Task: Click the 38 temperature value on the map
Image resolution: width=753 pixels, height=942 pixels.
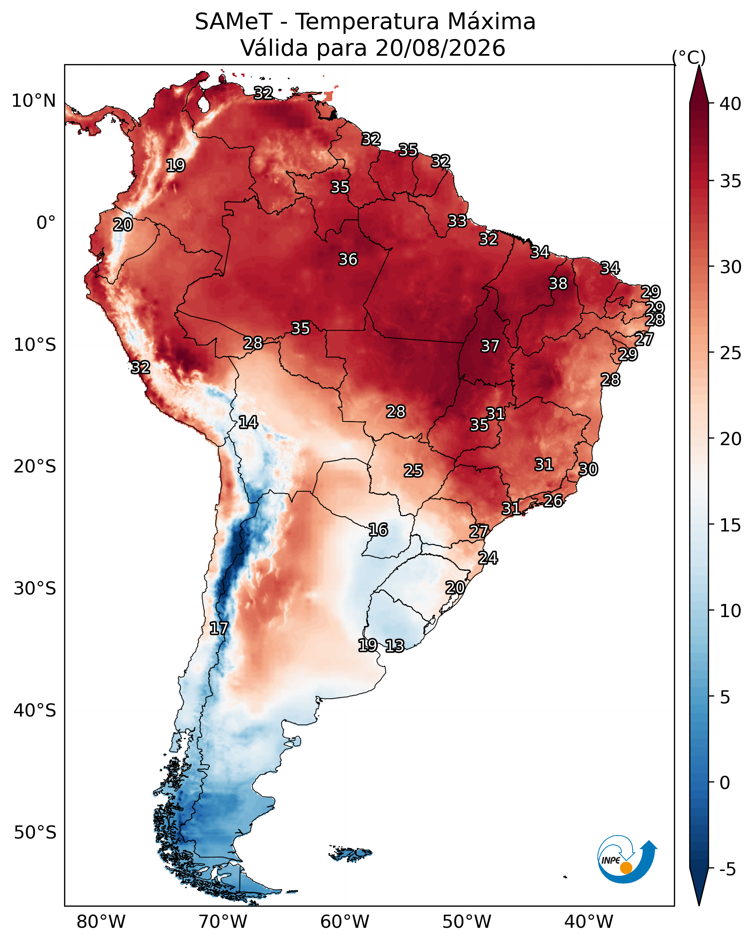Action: tap(558, 283)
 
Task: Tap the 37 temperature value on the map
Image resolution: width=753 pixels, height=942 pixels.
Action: tap(490, 346)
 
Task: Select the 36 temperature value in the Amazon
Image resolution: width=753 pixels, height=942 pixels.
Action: tap(348, 259)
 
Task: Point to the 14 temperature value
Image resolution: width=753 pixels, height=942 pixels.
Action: tap(248, 422)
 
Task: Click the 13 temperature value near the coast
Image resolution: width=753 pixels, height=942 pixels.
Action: tap(395, 646)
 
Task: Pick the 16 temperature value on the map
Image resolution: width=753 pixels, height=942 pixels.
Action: tap(378, 530)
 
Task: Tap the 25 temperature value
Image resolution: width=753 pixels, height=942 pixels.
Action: tap(413, 471)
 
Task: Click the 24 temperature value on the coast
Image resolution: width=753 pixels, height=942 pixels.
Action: tap(488, 558)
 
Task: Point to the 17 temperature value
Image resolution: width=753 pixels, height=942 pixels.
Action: tap(219, 628)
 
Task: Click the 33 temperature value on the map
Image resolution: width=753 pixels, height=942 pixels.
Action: tap(458, 221)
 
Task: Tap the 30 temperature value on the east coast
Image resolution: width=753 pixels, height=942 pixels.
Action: tap(588, 469)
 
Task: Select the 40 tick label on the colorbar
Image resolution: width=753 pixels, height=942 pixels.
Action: tap(731, 104)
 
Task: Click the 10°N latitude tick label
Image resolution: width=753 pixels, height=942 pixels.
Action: tap(34, 101)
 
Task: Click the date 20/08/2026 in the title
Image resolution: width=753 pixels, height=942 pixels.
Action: tap(440, 48)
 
